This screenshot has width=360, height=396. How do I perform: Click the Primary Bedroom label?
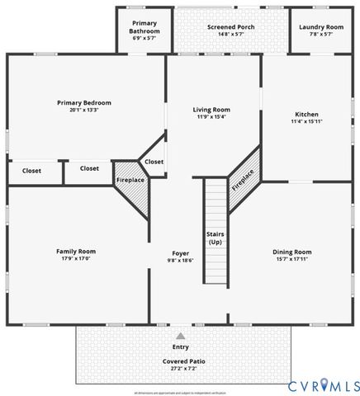pyautogui.click(x=84, y=102)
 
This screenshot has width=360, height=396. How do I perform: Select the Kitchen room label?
pyautogui.click(x=306, y=114)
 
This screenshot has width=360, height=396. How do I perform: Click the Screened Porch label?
pyautogui.click(x=219, y=27)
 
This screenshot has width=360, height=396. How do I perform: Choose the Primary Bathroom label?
pyautogui.click(x=144, y=27)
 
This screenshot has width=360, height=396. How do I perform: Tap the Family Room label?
pyautogui.click(x=76, y=251)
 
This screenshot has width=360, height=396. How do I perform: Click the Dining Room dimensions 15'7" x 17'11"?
pyautogui.click(x=292, y=259)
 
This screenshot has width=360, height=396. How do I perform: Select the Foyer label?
pyautogui.click(x=180, y=252)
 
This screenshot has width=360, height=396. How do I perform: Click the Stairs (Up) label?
pyautogui.click(x=216, y=238)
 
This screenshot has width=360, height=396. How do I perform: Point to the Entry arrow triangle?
pyautogui.click(x=180, y=337)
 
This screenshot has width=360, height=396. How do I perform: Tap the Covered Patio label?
pyautogui.click(x=180, y=361)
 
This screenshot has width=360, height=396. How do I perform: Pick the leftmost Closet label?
pyautogui.click(x=31, y=171)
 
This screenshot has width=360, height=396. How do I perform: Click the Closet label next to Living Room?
pyautogui.click(x=154, y=162)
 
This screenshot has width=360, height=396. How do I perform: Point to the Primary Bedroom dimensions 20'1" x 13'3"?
pyautogui.click(x=84, y=110)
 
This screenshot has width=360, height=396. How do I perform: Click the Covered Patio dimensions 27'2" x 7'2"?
pyautogui.click(x=180, y=369)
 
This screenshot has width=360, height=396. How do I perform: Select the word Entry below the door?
pyautogui.click(x=180, y=347)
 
